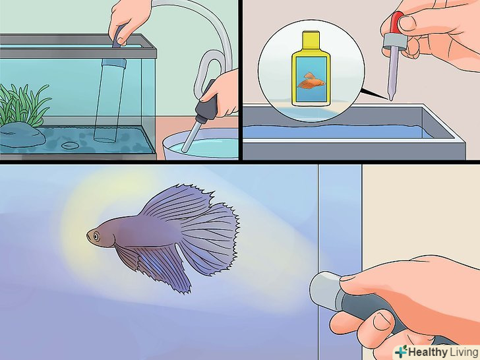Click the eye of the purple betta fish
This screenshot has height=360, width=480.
point(96,236)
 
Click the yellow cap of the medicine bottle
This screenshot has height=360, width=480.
point(311,42)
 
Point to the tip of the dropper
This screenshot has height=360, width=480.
point(390,99)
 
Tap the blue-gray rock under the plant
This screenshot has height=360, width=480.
point(21,135)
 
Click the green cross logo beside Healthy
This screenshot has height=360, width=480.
point(401,351)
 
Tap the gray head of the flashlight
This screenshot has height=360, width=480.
point(325,289)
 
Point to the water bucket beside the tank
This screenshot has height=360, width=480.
point(200,144)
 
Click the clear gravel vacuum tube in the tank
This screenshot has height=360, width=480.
point(109,100)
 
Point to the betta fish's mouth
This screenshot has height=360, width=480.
point(88,237)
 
